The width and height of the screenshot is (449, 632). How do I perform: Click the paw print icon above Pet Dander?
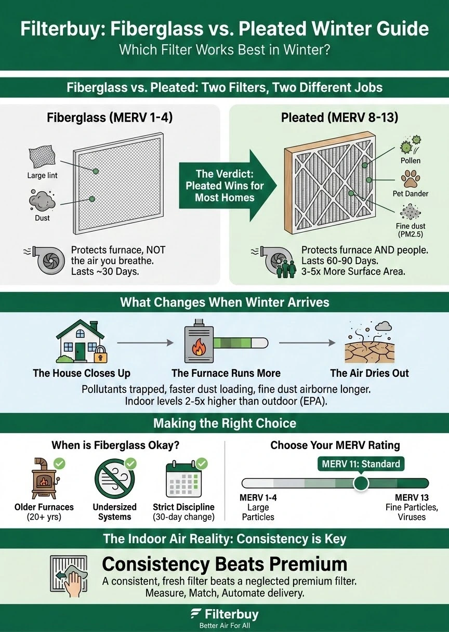411,179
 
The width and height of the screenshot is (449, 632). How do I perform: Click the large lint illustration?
42,157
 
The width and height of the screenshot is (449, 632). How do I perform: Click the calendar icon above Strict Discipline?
184,479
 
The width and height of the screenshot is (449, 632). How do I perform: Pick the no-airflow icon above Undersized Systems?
115,479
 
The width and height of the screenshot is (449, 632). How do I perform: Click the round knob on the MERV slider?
361,483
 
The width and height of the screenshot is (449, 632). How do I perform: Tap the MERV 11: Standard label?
361,464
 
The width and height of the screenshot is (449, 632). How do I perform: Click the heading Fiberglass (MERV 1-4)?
110,117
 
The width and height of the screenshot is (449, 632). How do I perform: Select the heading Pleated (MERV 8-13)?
339,117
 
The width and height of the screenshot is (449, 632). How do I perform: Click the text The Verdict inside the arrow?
225,174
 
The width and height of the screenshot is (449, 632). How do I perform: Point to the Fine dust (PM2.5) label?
411,230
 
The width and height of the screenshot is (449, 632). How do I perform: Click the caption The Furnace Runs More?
226,373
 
